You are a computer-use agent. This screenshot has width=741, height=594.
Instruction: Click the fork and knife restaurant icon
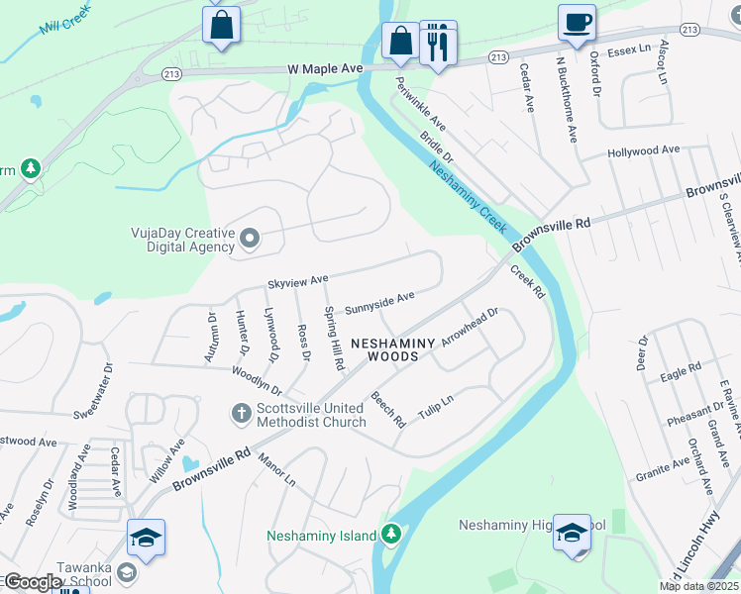[x=438, y=43]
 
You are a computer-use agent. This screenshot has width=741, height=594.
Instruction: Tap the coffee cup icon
[x=576, y=22]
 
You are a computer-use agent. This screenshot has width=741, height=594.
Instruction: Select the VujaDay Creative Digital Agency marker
[x=250, y=239]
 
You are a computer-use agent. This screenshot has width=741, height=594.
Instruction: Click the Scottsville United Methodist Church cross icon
[x=240, y=412]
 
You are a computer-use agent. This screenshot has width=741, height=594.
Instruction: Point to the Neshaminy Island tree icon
[x=392, y=535]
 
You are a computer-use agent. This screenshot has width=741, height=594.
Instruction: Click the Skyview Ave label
[x=297, y=282]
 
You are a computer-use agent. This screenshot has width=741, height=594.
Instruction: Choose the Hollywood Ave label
[x=644, y=150]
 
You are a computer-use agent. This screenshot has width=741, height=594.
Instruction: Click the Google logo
[x=33, y=582]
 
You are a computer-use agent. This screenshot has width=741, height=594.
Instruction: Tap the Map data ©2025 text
[x=698, y=586]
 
